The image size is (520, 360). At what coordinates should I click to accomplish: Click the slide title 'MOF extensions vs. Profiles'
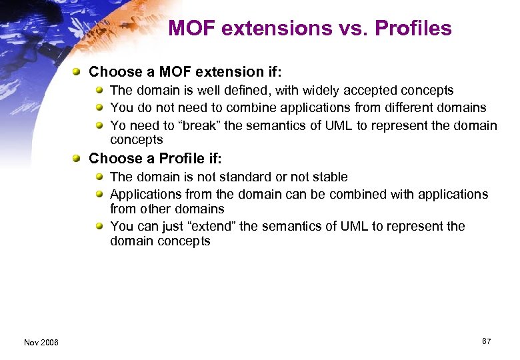tap(310, 29)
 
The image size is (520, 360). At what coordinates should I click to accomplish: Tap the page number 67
tap(486, 341)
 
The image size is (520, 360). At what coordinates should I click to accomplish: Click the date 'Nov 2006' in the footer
tap(41, 342)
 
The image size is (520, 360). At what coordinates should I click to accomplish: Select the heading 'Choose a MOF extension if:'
tap(185, 72)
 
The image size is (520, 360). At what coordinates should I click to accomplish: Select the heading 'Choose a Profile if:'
tap(155, 159)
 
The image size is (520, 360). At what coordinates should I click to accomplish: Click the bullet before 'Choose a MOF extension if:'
tap(78, 72)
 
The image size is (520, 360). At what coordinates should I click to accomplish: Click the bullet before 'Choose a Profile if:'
tap(78, 159)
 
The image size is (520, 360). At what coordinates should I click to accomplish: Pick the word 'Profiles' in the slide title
tap(413, 29)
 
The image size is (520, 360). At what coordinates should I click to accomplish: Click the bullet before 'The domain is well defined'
tap(99, 90)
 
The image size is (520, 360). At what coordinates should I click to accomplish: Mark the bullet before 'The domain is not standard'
tap(99, 177)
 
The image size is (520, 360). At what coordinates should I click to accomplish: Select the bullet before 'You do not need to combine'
tap(99, 107)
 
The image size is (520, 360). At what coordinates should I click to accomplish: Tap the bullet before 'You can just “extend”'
tap(99, 227)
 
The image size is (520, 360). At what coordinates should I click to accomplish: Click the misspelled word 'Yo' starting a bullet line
tap(117, 125)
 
